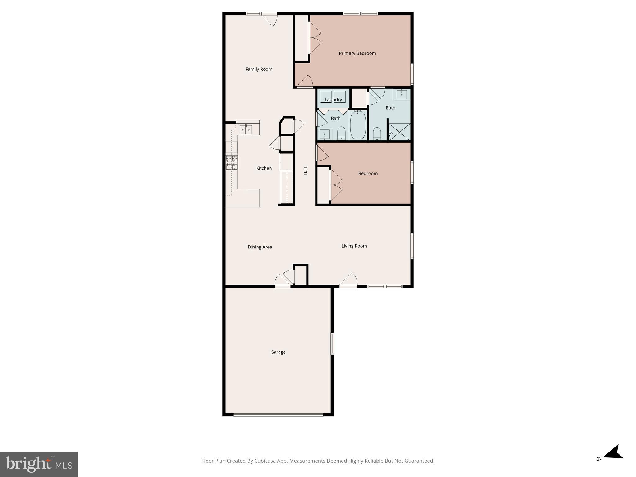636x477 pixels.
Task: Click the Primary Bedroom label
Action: (x=357, y=53)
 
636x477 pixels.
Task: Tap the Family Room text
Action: (x=259, y=69)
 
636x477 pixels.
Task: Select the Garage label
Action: (x=278, y=352)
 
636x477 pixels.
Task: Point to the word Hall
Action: (x=306, y=171)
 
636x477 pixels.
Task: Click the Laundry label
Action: (x=333, y=100)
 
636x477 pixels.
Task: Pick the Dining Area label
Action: (x=260, y=247)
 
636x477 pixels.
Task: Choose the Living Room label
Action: (x=354, y=246)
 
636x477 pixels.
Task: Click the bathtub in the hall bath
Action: (x=358, y=125)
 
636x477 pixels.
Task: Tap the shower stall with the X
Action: (x=400, y=132)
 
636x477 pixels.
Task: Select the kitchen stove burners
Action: (x=232, y=163)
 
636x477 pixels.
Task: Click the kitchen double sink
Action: (x=246, y=129)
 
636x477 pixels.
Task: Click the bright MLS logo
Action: (x=39, y=464)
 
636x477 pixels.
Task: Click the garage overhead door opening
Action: (x=278, y=414)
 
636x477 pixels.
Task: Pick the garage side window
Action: (x=332, y=343)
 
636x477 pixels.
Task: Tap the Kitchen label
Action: (x=264, y=168)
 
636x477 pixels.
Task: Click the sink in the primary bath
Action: (x=402, y=94)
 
